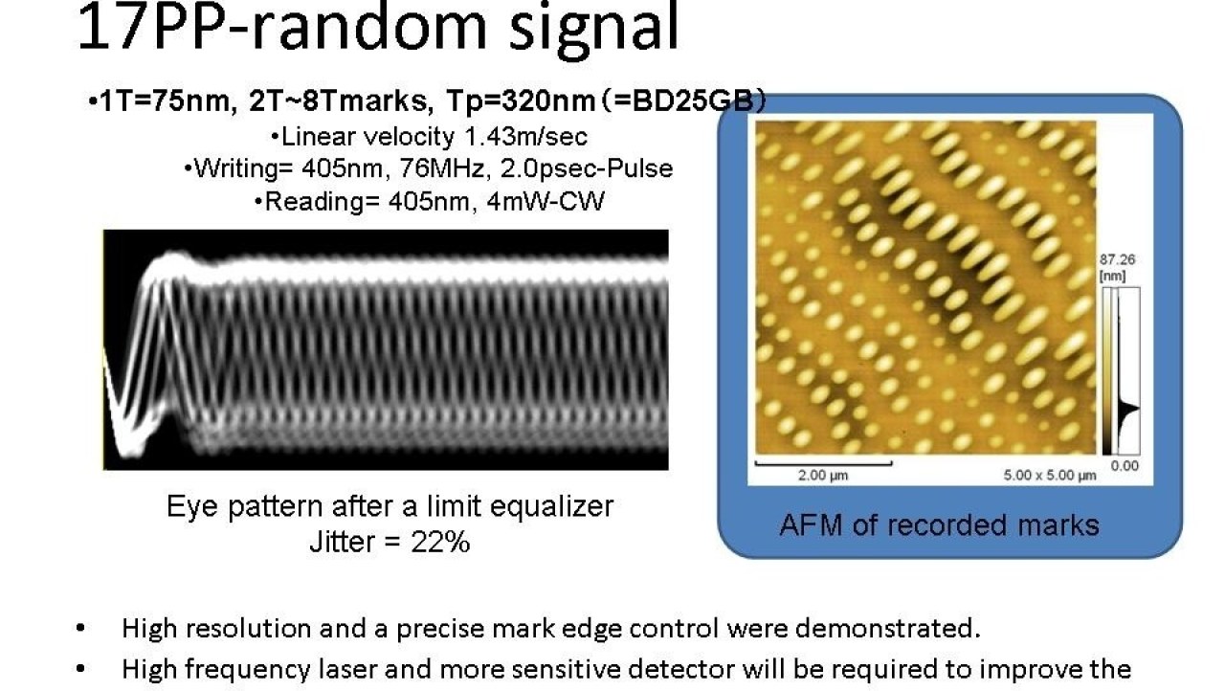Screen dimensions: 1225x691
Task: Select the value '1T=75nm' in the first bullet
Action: click(x=163, y=100)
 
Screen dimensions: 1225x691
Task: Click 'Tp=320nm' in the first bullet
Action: click(x=521, y=100)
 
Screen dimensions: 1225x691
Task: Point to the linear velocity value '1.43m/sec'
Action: click(x=525, y=137)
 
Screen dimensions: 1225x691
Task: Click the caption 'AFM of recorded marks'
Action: click(x=939, y=525)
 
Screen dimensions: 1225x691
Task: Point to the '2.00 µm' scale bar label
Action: click(x=822, y=475)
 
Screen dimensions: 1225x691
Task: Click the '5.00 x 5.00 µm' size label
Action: click(x=1050, y=476)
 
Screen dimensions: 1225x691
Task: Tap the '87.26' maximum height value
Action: click(x=1117, y=259)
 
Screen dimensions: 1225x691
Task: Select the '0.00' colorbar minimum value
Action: click(x=1125, y=466)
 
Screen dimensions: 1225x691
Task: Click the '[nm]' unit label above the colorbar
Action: click(x=1112, y=276)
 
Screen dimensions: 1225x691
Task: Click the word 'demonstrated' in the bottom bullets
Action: click(x=887, y=629)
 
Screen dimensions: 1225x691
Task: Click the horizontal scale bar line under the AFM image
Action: click(x=824, y=463)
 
